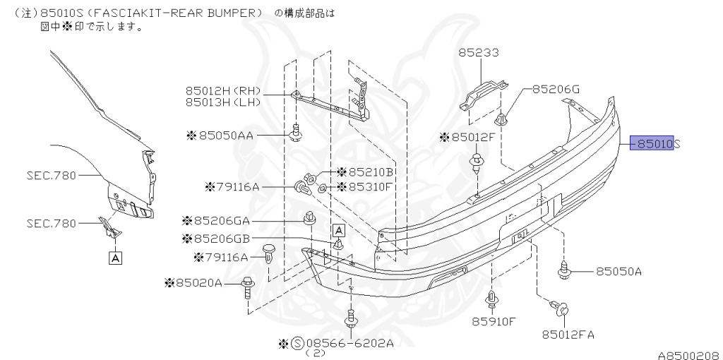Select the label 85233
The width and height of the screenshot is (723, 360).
click(x=478, y=52)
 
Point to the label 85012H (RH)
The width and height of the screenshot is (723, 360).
click(x=223, y=90)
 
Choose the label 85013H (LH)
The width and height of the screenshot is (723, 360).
click(x=223, y=102)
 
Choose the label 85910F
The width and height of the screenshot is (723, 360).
click(x=494, y=322)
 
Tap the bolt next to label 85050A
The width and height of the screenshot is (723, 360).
click(x=565, y=269)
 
